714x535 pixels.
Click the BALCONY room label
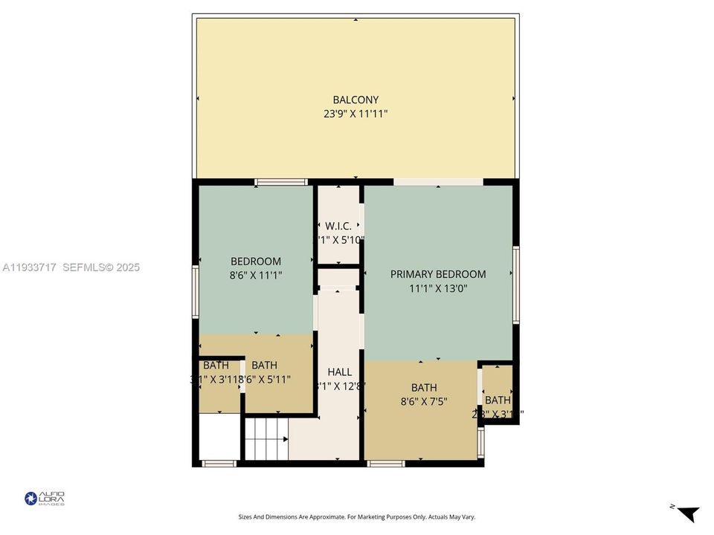tap(356, 100)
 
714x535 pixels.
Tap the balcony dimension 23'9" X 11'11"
tap(356, 114)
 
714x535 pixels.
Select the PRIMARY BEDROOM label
tap(438, 274)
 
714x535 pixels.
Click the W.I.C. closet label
tap(338, 226)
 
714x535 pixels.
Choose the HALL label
tap(339, 372)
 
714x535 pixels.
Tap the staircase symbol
tap(266, 438)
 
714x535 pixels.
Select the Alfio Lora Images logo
tap(45, 498)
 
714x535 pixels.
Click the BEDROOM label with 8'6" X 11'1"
tap(256, 261)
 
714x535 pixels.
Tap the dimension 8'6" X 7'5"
tap(424, 402)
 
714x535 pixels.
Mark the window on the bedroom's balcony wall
tap(281, 182)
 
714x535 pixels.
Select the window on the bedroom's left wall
tap(196, 292)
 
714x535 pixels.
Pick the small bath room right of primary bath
tap(498, 392)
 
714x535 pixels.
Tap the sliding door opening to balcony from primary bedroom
tap(438, 182)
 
